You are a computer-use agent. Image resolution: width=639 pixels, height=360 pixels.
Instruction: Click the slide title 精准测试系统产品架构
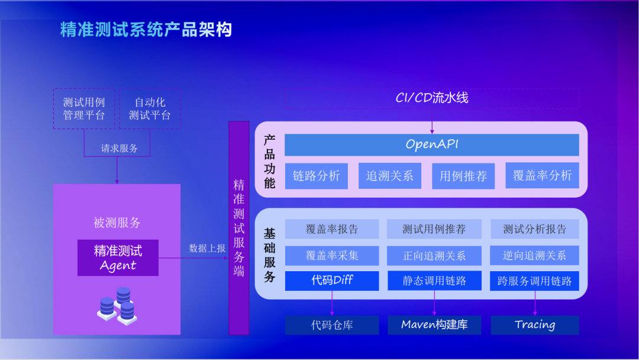tap(146, 30)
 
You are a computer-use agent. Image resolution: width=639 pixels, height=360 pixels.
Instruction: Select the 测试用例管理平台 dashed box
tap(84, 108)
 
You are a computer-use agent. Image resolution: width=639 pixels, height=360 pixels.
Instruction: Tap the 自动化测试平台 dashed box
tap(150, 108)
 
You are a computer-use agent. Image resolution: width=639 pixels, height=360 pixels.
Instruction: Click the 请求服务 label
tap(119, 148)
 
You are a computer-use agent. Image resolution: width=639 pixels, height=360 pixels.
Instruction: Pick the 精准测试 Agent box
tap(118, 258)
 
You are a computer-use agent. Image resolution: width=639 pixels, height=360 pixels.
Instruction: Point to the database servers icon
tap(117, 305)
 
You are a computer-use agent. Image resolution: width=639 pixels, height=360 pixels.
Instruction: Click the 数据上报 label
tap(207, 248)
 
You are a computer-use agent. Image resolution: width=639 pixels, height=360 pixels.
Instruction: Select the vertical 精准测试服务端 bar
tap(239, 228)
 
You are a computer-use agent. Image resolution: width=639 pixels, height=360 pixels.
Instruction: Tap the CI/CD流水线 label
tap(432, 98)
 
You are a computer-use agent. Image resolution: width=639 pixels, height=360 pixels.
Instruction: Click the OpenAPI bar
tap(432, 144)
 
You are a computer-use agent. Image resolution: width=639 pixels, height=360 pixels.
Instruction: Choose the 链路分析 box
tap(317, 176)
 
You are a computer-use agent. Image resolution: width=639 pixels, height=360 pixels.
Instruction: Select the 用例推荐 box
tap(463, 176)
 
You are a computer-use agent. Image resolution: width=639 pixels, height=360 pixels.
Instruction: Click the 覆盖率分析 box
tap(542, 175)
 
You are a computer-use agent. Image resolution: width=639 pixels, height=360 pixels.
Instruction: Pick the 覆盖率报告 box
tap(332, 229)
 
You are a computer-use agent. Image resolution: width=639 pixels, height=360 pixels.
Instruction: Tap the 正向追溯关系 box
tap(434, 256)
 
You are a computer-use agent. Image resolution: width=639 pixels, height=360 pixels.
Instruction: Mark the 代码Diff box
tap(332, 281)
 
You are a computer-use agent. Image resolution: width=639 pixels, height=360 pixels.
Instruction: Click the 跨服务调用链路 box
tap(535, 281)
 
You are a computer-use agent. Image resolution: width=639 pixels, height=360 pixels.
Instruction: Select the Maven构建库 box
tap(434, 325)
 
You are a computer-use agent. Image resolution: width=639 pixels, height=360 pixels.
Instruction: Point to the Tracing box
tap(535, 325)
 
